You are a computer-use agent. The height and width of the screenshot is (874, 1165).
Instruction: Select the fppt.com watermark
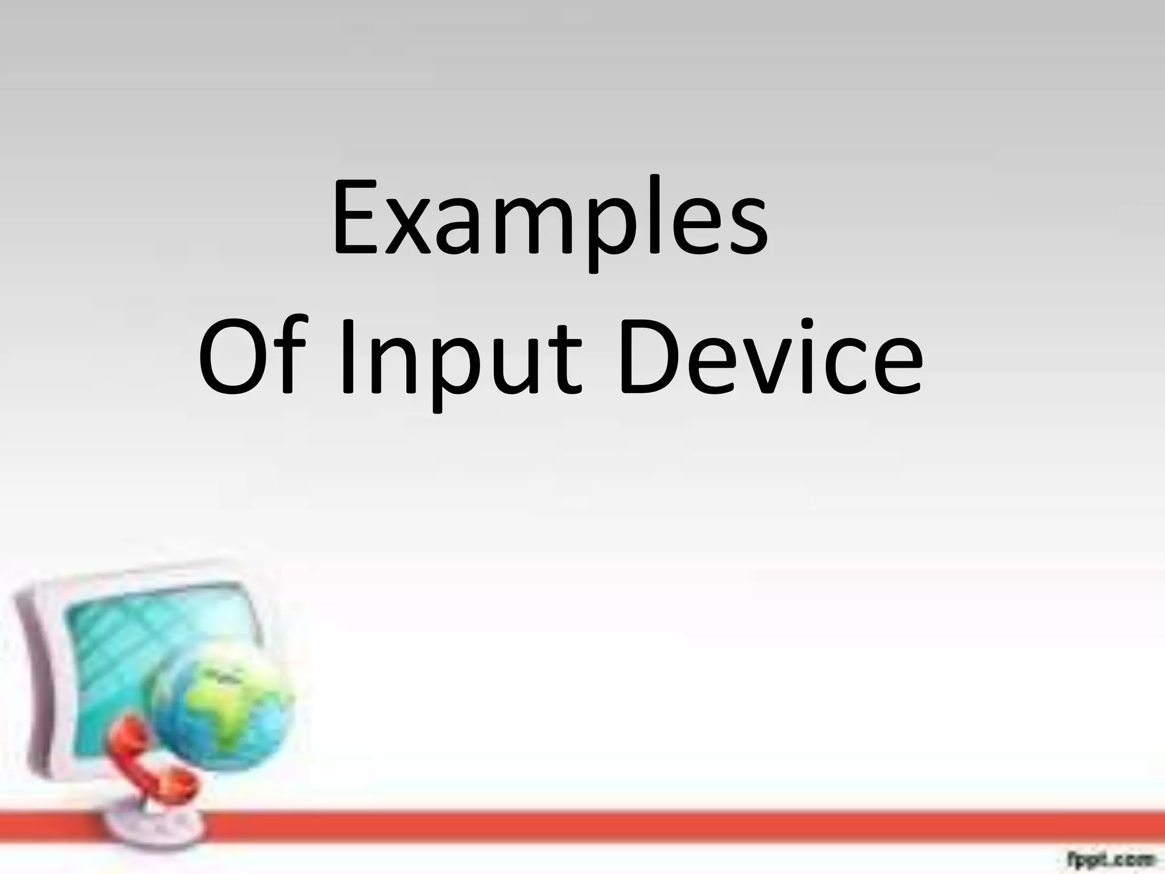click(x=1115, y=857)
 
